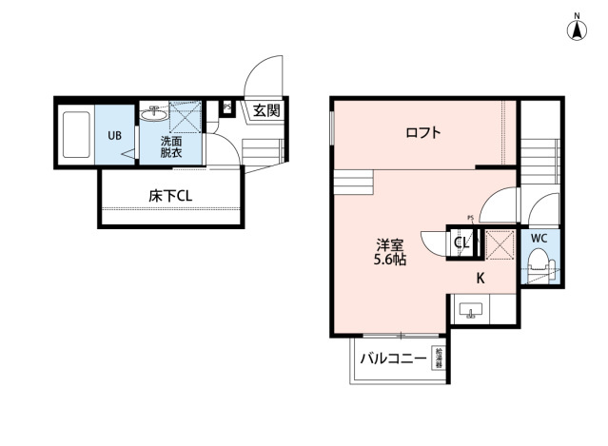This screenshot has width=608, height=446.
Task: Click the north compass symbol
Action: pos(577,29)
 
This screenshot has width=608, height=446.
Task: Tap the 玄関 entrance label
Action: pos(266,109)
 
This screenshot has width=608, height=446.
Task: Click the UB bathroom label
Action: pos(114,135)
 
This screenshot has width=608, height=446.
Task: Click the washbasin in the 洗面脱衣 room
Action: pos(153,115)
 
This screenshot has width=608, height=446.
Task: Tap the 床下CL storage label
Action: pos(170,196)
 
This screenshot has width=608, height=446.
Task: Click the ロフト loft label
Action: pos(422,132)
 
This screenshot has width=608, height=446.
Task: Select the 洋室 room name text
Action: pos(390,242)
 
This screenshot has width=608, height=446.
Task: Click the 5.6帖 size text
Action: pos(390,259)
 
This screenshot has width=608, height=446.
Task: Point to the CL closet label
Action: pos(461,243)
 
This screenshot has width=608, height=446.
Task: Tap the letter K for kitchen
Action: pos(481,279)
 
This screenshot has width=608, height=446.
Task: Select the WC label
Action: pos(538,238)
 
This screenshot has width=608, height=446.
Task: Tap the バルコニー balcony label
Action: pos(392,359)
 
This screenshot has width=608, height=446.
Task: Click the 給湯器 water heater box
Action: pos(439,359)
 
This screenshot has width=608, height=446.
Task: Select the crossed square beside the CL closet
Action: pos(499,243)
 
